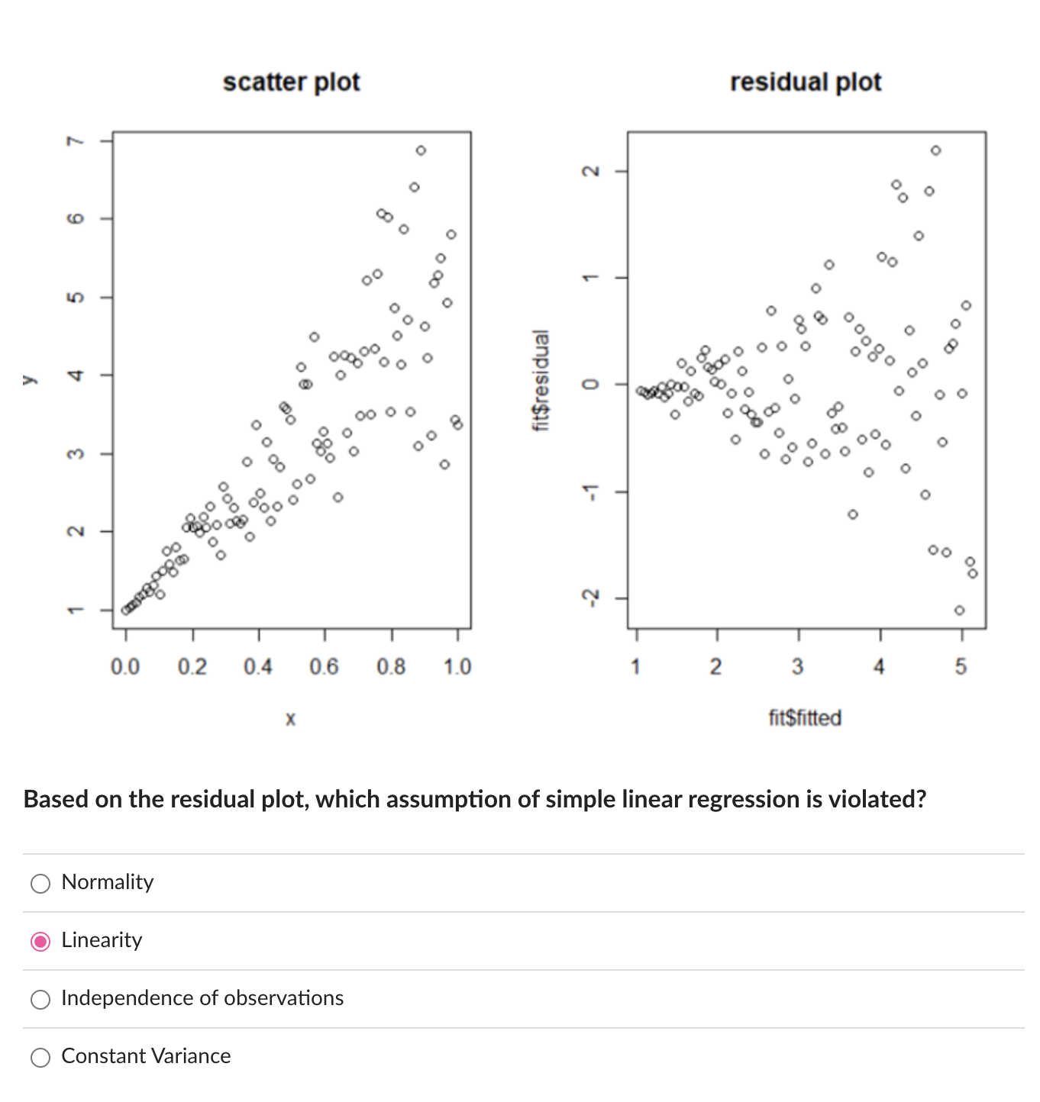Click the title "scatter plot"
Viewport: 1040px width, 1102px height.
pyautogui.click(x=291, y=82)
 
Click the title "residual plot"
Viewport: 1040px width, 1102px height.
pyautogui.click(x=805, y=82)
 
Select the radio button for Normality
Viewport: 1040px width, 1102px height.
pyautogui.click(x=40, y=883)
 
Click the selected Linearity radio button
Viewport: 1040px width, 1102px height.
pyautogui.click(x=40, y=941)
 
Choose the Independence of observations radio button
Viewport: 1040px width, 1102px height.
pyautogui.click(x=40, y=999)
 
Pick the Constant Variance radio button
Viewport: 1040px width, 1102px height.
pyautogui.click(x=40, y=1057)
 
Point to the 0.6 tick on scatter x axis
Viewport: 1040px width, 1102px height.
pyautogui.click(x=324, y=667)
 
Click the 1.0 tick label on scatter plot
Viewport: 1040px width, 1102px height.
pyautogui.click(x=457, y=667)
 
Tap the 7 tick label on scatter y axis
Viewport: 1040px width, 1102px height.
pyautogui.click(x=73, y=141)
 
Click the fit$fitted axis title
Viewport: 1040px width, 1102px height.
pyautogui.click(x=805, y=718)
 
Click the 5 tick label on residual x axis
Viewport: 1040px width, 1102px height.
pyautogui.click(x=961, y=667)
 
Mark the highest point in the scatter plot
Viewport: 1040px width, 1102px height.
pyautogui.click(x=421, y=150)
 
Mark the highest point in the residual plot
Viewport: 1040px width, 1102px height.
pyautogui.click(x=936, y=150)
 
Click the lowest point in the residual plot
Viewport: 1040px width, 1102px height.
pyautogui.click(x=959, y=610)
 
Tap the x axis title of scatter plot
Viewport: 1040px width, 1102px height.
pyautogui.click(x=290, y=718)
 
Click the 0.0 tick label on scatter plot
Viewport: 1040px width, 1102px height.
pyautogui.click(x=125, y=667)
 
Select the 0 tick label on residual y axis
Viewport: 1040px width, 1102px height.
pyautogui.click(x=589, y=384)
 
